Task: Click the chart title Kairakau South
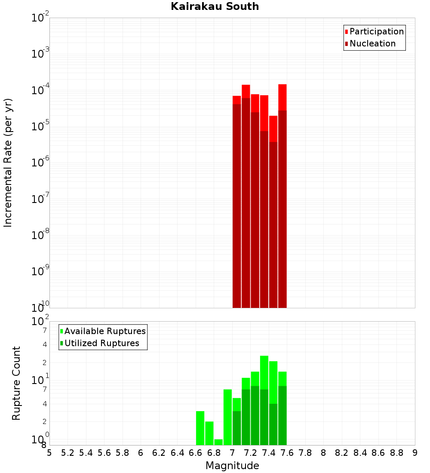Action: tap(215, 6)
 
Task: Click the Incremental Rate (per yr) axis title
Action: tap(8, 163)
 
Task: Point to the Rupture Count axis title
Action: tap(16, 383)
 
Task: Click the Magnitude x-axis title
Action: tap(232, 466)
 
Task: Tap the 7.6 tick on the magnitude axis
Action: tap(287, 453)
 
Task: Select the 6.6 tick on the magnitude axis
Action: tap(196, 453)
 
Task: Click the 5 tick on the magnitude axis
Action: tap(49, 453)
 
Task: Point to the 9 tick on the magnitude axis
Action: tap(415, 453)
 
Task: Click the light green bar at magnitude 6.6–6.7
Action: tap(200, 428)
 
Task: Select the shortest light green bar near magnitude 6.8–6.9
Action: tap(218, 442)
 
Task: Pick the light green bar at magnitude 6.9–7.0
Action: tap(227, 417)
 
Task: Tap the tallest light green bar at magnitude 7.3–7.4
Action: tap(264, 372)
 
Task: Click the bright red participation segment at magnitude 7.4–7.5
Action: tap(273, 129)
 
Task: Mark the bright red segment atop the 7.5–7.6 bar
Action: tap(282, 97)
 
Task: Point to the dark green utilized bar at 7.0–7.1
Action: tap(236, 428)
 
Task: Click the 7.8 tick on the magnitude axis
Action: tap(305, 453)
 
